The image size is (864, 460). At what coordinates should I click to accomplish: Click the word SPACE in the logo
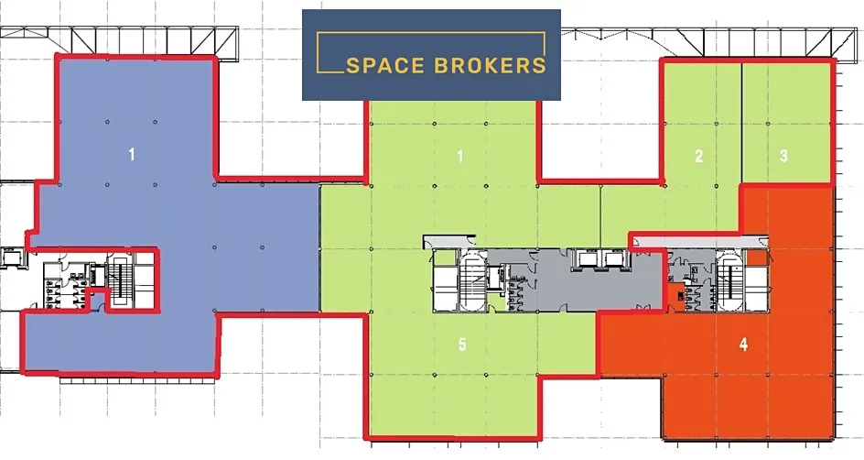[x=384, y=66]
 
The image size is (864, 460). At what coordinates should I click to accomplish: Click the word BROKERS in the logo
[x=490, y=66]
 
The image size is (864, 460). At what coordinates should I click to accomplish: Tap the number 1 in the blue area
[x=131, y=155]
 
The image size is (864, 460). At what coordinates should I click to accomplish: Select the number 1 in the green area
[x=460, y=157]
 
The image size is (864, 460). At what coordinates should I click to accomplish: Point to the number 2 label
[x=698, y=157]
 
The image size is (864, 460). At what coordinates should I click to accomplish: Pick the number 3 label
[x=783, y=156]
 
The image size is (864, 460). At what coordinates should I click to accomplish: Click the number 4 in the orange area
[x=743, y=345]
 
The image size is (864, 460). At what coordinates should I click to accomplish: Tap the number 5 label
[x=462, y=345]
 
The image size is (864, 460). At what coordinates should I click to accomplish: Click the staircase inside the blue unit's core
[x=120, y=279]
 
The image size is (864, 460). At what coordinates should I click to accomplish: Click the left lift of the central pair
[x=585, y=258]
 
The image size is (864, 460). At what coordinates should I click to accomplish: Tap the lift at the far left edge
[x=10, y=257]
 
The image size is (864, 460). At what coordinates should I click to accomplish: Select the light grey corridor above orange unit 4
[x=698, y=240]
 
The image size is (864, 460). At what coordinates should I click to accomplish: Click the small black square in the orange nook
[x=682, y=297]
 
